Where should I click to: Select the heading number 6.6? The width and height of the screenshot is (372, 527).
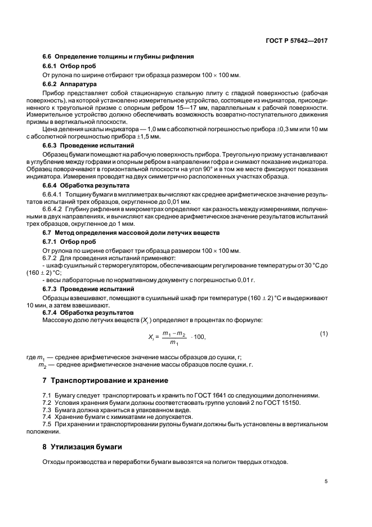coord(47,56)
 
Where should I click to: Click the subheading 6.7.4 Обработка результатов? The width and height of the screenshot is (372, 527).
coord(88,312)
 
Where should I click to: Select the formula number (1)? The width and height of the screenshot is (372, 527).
coord(324,334)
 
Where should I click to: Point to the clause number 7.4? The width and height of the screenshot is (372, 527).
coord(47,417)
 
